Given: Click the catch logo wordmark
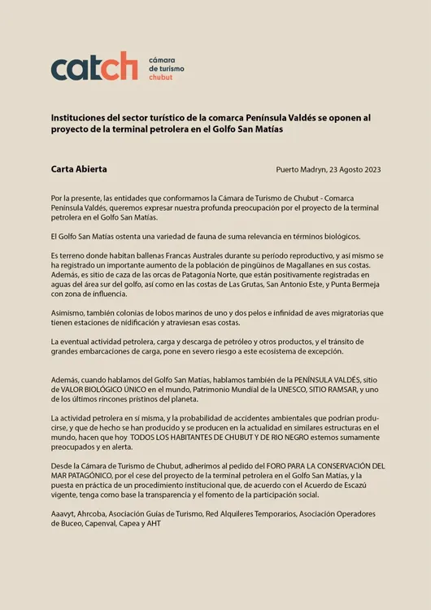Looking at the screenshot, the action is pyautogui.click(x=94, y=67).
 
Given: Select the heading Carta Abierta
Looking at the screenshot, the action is pyautogui.click(x=79, y=169).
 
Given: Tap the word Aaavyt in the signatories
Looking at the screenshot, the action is pyautogui.click(x=64, y=514).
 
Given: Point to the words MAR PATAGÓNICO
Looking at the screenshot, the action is pyautogui.click(x=85, y=476).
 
